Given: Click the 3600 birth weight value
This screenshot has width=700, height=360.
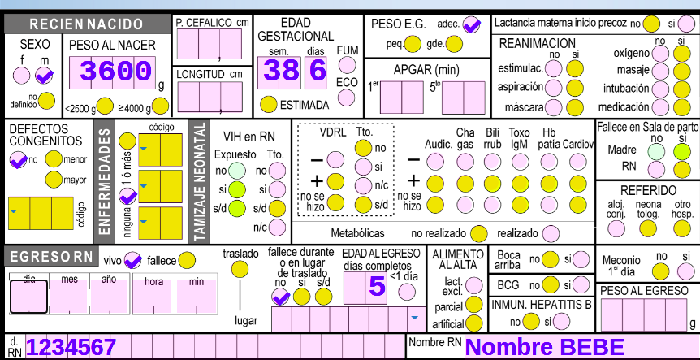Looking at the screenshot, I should coord(115,72).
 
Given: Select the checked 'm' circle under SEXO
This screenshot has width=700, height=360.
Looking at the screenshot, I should coord(44,76).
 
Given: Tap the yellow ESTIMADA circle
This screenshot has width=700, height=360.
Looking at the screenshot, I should coord(268,104).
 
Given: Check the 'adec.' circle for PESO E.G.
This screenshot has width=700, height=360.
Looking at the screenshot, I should coord(472,25).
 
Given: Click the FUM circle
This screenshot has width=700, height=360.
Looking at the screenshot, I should coord(347,66).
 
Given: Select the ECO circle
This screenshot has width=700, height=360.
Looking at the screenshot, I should coord(347,98).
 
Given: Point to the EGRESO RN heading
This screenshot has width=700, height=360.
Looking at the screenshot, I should coord(51,258).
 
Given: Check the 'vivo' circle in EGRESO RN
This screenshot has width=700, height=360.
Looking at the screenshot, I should coord(133,261).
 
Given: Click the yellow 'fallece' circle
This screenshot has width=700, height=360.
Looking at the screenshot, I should coord(187,261).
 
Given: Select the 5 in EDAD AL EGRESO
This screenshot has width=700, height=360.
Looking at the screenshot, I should coord(376,287).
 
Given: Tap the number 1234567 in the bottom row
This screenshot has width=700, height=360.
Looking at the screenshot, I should coord(71,348).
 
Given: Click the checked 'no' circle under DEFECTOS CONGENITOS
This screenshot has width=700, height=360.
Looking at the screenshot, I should coord(18,159).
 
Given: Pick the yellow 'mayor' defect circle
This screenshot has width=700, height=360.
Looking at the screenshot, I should coord(54,180).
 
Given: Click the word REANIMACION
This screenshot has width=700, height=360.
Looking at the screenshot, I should coord(537,42).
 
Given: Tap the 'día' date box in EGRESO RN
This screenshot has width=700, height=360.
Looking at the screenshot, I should coord(28,297).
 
